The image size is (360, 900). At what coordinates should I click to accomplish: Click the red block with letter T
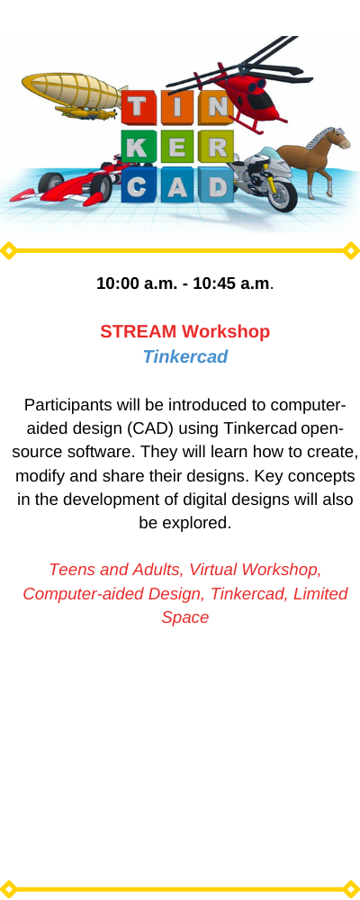pos(138,107)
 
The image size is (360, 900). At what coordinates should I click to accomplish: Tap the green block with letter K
pos(138,147)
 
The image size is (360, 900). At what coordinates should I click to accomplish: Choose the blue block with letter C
pos(138,185)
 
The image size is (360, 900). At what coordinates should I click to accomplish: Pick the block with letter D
pos(217,185)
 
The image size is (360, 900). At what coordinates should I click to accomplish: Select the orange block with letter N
pos(217,107)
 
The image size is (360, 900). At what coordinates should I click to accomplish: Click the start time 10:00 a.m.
pos(137,283)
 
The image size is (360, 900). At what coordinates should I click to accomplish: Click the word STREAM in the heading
pos(139,332)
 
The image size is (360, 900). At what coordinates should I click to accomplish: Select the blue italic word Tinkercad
pos(184,357)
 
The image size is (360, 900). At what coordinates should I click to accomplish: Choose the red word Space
pos(184,617)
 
